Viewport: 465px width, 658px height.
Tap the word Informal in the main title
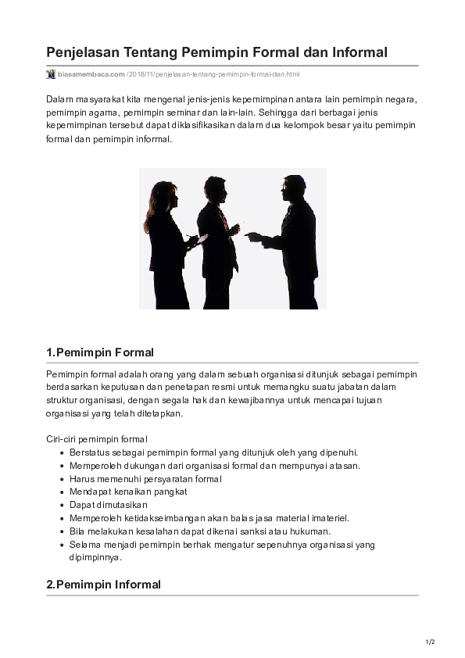tap(356, 53)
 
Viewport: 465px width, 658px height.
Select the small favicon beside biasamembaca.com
tap(51, 74)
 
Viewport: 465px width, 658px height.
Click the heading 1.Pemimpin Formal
tap(100, 352)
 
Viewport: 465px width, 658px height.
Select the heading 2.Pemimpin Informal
tap(104, 585)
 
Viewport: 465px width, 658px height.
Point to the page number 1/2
tap(430, 642)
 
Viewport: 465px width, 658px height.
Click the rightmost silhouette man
tap(294, 242)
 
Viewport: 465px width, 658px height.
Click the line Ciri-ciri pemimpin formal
tap(97, 438)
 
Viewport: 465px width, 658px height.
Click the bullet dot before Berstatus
tap(62, 452)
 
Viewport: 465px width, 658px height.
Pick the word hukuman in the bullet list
tap(309, 531)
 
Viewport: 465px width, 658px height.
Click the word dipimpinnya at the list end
tap(95, 558)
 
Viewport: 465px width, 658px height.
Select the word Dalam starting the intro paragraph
tap(59, 99)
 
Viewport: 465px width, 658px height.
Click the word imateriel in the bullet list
tap(329, 518)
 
